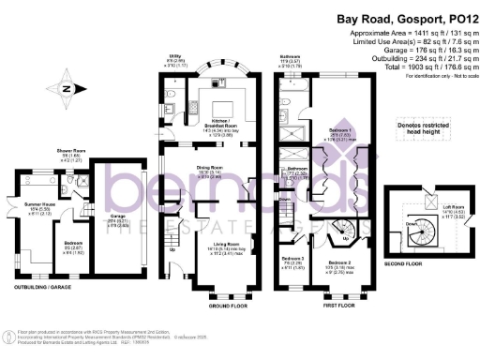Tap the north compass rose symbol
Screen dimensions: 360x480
(65, 90)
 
